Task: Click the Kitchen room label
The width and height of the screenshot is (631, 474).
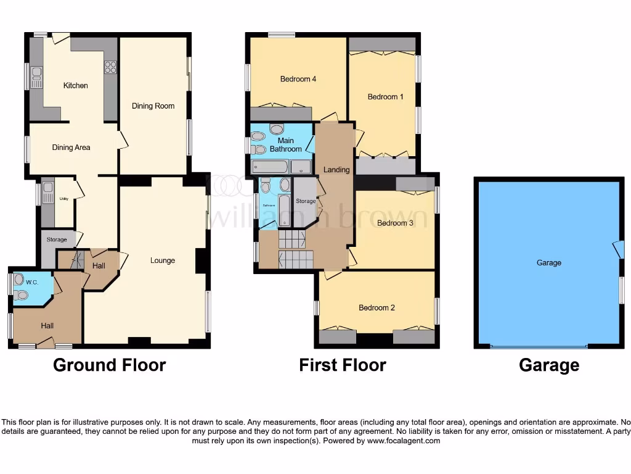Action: tap(76, 85)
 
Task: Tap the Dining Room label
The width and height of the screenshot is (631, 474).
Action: tap(153, 106)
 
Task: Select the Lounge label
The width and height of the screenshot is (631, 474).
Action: tap(163, 260)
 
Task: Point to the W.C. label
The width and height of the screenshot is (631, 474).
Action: tap(32, 283)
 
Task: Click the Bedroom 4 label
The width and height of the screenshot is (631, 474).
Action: tap(298, 79)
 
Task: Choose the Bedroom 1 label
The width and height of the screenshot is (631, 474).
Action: tap(386, 96)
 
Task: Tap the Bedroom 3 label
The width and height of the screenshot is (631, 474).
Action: tap(395, 223)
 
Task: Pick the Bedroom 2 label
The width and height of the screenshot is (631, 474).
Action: tap(377, 307)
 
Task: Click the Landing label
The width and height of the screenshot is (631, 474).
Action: tap(336, 170)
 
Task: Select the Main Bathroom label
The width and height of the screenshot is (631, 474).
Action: tap(286, 145)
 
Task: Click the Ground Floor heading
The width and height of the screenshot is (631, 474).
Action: tap(109, 365)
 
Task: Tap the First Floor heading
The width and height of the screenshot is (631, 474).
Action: tap(343, 365)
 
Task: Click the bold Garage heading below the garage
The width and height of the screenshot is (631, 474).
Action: tap(549, 365)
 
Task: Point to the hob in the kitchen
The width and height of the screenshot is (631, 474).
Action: tap(110, 67)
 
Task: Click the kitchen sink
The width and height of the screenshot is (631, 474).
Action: tap(36, 78)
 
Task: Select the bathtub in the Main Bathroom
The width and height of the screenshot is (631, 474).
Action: tap(270, 166)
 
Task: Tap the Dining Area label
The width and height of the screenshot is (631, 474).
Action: tap(71, 148)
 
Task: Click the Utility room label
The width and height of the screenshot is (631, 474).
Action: tap(63, 199)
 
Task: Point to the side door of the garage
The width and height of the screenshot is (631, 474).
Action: tap(617, 249)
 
